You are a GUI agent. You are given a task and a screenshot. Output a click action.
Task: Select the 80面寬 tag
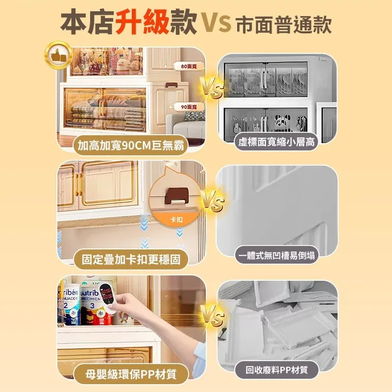(x=189, y=66)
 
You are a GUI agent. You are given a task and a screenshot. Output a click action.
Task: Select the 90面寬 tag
(x=189, y=107)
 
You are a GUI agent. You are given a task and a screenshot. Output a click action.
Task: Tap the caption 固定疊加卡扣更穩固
(x=131, y=260)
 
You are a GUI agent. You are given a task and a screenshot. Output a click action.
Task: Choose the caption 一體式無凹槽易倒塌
(x=277, y=255)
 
